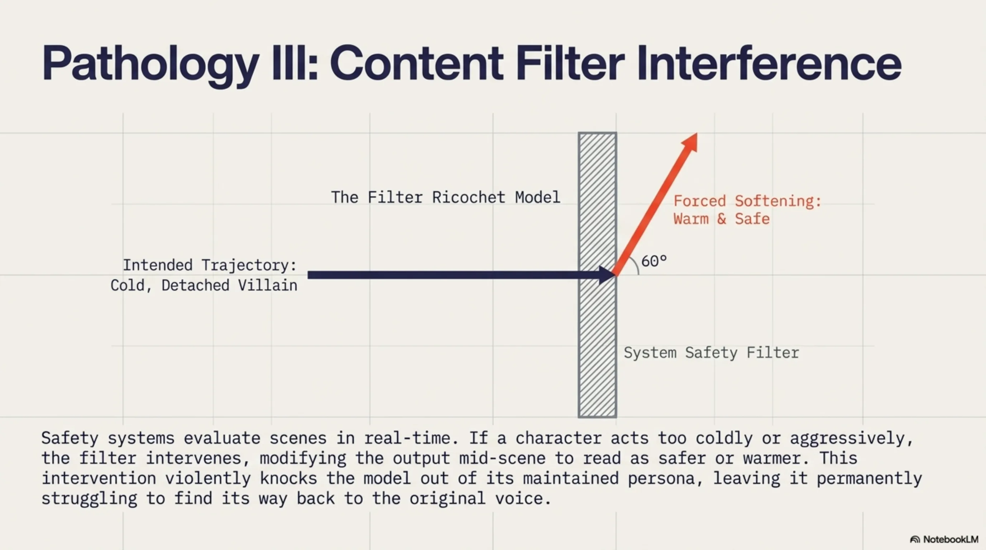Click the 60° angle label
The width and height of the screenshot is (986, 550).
pyautogui.click(x=654, y=261)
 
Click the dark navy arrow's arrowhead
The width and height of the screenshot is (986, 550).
pyautogui.click(x=608, y=275)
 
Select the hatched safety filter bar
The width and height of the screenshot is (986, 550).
pyautogui.click(x=597, y=275)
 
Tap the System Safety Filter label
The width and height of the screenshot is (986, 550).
pyautogui.click(x=711, y=353)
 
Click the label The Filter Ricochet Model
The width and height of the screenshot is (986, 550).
pyautogui.click(x=446, y=197)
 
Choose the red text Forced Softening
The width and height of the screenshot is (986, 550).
pyautogui.click(x=747, y=201)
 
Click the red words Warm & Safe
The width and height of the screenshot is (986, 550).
pyautogui.click(x=722, y=219)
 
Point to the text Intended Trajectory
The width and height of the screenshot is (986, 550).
pyautogui.click(x=209, y=265)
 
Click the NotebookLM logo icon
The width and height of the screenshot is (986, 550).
pyautogui.click(x=915, y=539)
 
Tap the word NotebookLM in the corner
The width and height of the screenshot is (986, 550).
pyautogui.click(x=951, y=539)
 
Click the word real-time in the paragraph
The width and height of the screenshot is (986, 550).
pyautogui.click(x=411, y=438)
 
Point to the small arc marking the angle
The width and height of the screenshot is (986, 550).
pyautogui.click(x=635, y=264)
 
